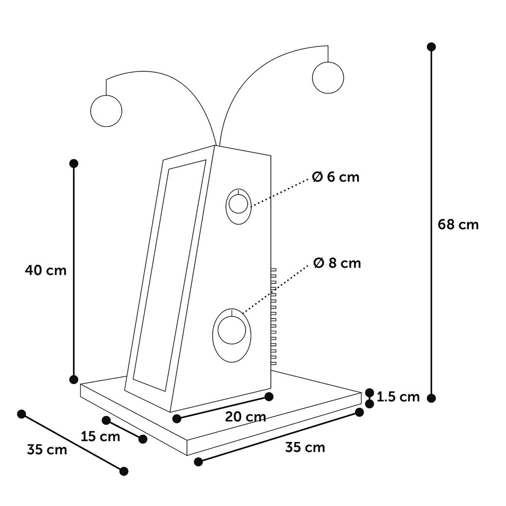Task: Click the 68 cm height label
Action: tap(458, 225)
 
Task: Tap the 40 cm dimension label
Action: tap(46, 270)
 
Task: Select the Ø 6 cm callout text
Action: tap(336, 177)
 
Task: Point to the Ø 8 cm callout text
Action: tap(337, 264)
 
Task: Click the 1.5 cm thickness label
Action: tap(398, 397)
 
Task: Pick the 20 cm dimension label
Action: tap(245, 417)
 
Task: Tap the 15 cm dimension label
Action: tap(100, 436)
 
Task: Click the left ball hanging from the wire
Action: tap(106, 111)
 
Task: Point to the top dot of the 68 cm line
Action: tap(431, 46)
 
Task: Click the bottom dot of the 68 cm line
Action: tap(431, 398)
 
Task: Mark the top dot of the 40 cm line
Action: tap(74, 163)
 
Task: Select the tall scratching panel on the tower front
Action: tap(169, 274)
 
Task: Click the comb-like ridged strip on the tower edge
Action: tap(273, 316)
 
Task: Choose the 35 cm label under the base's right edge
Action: tap(305, 447)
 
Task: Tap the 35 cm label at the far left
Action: tap(47, 449)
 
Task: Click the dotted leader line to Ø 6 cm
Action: tap(280, 192)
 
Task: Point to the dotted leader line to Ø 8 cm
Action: tap(276, 287)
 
